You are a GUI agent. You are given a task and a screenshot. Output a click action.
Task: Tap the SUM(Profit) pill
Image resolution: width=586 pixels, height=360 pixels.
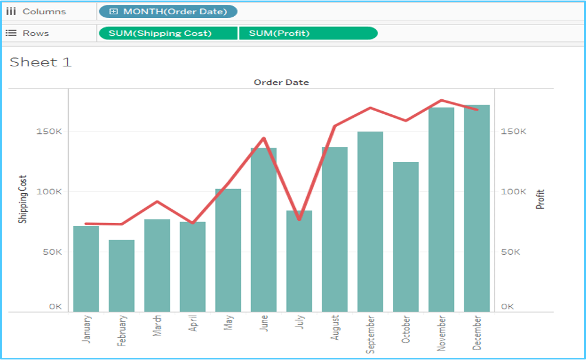[307, 33]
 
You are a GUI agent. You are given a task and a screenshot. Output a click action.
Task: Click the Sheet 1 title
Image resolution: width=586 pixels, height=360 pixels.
[41, 62]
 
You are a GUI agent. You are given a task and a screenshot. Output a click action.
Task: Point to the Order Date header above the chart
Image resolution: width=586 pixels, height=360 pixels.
[281, 82]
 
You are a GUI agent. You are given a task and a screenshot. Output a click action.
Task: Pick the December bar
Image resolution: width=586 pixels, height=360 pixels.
[477, 209]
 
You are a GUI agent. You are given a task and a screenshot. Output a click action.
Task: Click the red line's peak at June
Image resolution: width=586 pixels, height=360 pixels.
[264, 138]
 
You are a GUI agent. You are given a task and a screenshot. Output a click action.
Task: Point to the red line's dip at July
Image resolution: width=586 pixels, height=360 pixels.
[299, 219]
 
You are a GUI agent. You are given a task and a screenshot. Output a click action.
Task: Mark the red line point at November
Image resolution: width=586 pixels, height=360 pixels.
[441, 100]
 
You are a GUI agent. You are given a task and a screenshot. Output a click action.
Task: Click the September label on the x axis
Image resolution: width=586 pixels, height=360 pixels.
[371, 334]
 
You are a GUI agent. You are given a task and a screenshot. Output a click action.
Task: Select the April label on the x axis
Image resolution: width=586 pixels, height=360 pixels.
[193, 327]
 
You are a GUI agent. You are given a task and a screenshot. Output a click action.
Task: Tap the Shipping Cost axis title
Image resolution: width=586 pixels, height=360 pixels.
[23, 200]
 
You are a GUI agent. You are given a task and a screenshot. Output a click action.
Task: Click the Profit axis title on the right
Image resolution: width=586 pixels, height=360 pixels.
[541, 199]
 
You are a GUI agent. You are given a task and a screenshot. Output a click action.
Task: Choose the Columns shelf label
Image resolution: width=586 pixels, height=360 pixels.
[44, 11]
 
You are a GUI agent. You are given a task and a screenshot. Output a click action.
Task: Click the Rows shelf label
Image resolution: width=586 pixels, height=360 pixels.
[35, 33]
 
